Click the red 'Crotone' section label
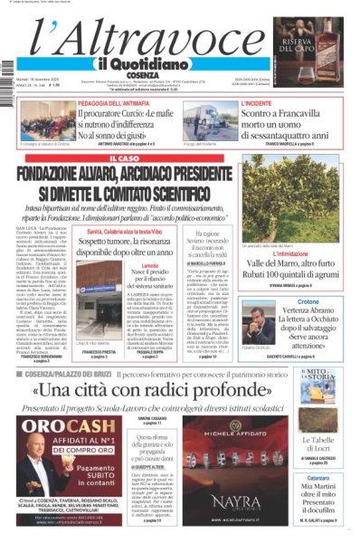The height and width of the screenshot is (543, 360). (308, 300)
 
